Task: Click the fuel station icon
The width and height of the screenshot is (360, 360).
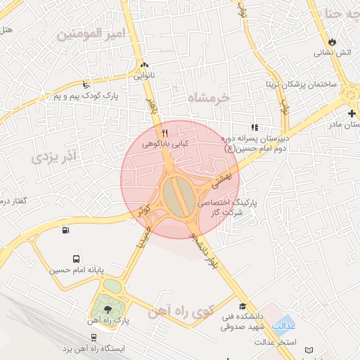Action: pyautogui.click(x=65, y=229)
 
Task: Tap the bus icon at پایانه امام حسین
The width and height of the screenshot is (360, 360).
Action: pyautogui.click(x=76, y=258)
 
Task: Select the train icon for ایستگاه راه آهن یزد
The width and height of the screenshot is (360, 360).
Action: pyautogui.click(x=94, y=338)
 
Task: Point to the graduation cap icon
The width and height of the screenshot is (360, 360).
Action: pyautogui.click(x=243, y=307)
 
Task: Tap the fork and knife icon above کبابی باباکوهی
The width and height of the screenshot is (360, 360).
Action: pyautogui.click(x=165, y=132)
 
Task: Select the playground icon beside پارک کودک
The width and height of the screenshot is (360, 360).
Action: pyautogui.click(x=86, y=83)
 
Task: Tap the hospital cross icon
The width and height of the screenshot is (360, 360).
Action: pyautogui.click(x=352, y=113)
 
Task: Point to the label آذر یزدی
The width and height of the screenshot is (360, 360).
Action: pyautogui.click(x=54, y=156)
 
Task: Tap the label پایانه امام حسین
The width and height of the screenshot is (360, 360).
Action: pyautogui.click(x=76, y=269)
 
